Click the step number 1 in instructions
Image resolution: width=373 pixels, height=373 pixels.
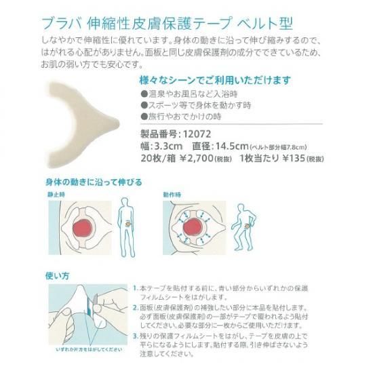pos(135,288)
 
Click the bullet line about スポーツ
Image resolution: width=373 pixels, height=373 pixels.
pos(196,105)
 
